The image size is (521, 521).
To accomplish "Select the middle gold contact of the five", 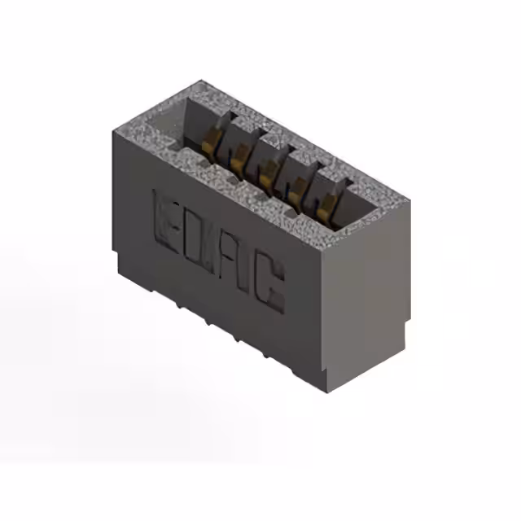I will pos(266,171).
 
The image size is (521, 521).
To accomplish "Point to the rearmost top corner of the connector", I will pos(201,81).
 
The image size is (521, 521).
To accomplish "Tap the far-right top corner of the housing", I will pos(409,199).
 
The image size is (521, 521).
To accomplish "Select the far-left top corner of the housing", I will pos(111,131).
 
